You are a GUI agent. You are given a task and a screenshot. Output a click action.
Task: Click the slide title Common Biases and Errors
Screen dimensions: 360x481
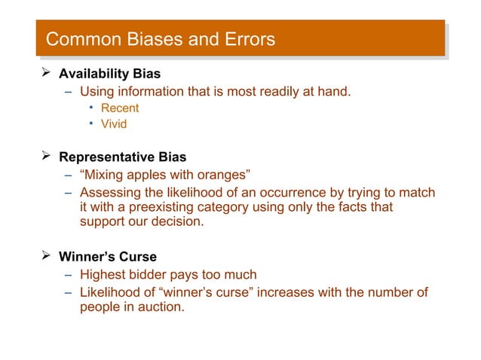[x=160, y=39]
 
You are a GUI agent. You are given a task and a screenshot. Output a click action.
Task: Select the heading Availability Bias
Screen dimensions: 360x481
[x=109, y=75]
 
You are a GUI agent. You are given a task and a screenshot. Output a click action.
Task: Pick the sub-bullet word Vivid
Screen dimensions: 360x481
[x=114, y=124]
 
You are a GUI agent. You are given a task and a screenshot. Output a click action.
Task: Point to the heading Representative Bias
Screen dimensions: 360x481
[x=122, y=157]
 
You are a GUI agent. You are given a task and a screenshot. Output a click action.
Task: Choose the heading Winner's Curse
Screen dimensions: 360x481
[x=108, y=257]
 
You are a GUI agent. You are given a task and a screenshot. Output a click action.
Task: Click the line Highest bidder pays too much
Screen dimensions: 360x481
[x=168, y=275]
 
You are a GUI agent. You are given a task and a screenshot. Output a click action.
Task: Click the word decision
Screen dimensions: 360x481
[x=176, y=222]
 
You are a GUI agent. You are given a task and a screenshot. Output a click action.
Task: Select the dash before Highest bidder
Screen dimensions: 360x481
[x=68, y=275]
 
